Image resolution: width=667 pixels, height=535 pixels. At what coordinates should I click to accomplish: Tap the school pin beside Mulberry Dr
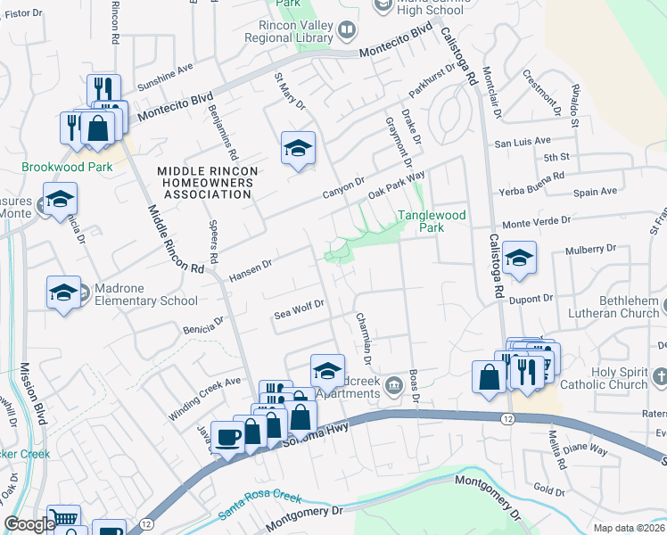(x=519, y=259)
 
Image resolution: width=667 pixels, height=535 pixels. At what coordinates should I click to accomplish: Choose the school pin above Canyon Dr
(x=299, y=150)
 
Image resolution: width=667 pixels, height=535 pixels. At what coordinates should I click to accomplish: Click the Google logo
(x=29, y=524)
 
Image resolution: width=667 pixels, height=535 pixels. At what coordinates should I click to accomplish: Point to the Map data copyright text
(x=630, y=528)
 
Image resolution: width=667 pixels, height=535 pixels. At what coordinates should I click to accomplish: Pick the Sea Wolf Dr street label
(x=298, y=308)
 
